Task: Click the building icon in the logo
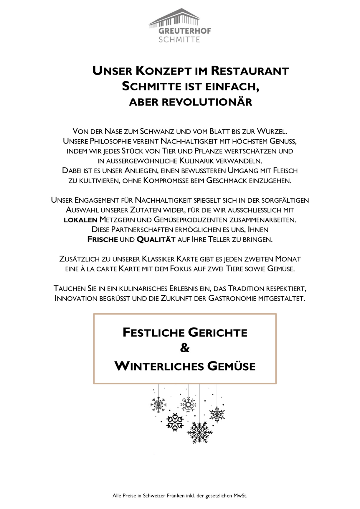tap(174, 18)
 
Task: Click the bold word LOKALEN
tap(80, 220)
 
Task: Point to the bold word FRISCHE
tap(103, 239)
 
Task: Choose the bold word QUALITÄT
tap(156, 239)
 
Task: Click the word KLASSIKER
tap(158, 259)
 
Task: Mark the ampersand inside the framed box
tap(185, 348)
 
